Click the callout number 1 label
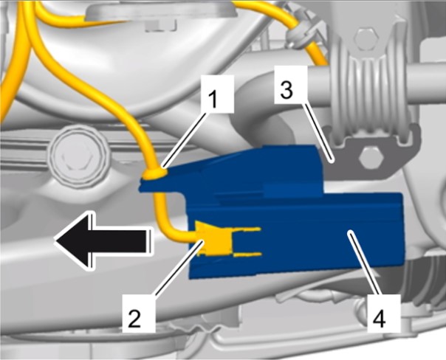point(218,94)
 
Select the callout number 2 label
point(139,314)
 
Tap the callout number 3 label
point(291,84)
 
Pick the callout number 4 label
point(384,314)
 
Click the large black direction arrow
point(102,240)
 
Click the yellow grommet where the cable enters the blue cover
point(155,173)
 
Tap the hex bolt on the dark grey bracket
point(371,158)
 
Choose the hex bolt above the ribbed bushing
point(367,39)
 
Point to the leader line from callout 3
point(319,133)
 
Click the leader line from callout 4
point(364,263)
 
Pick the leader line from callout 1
point(185,140)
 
